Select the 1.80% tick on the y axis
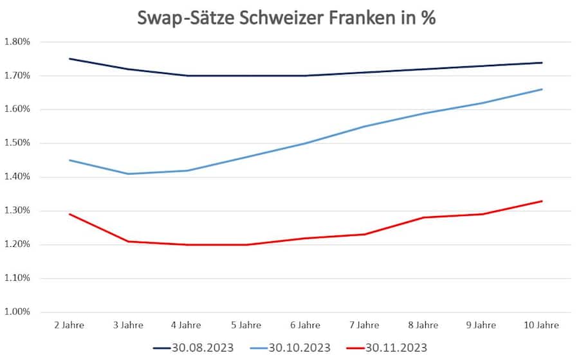point(17,42)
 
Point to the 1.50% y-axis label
point(17,143)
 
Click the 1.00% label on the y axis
point(17,312)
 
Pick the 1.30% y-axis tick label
point(17,211)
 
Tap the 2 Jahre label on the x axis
point(69,326)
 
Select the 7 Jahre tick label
point(364,326)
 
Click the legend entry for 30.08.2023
point(193,348)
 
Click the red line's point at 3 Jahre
point(128,241)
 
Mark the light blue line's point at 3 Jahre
point(128,174)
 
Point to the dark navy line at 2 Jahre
point(69,59)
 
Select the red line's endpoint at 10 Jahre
point(542,201)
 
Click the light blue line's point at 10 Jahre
point(542,89)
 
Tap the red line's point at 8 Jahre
point(423,217)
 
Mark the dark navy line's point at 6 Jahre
point(305,75)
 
